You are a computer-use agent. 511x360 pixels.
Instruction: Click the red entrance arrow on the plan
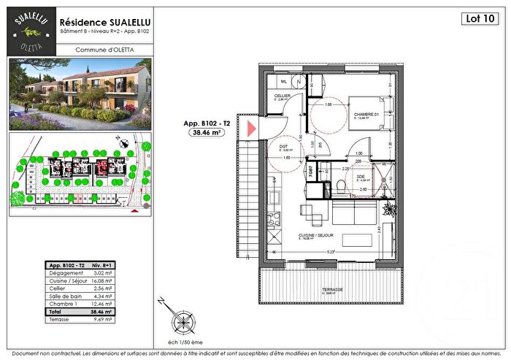pyautogui.click(x=250, y=130)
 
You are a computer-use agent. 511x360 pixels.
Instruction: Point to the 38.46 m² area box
pyautogui.click(x=207, y=134)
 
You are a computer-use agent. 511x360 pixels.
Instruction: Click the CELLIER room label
pyautogui.click(x=282, y=96)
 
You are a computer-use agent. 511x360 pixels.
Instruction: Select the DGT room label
pyautogui.click(x=284, y=145)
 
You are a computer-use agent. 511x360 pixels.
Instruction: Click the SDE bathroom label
pyautogui.click(x=360, y=177)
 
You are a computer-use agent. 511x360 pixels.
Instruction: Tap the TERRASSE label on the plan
pyautogui.click(x=332, y=290)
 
